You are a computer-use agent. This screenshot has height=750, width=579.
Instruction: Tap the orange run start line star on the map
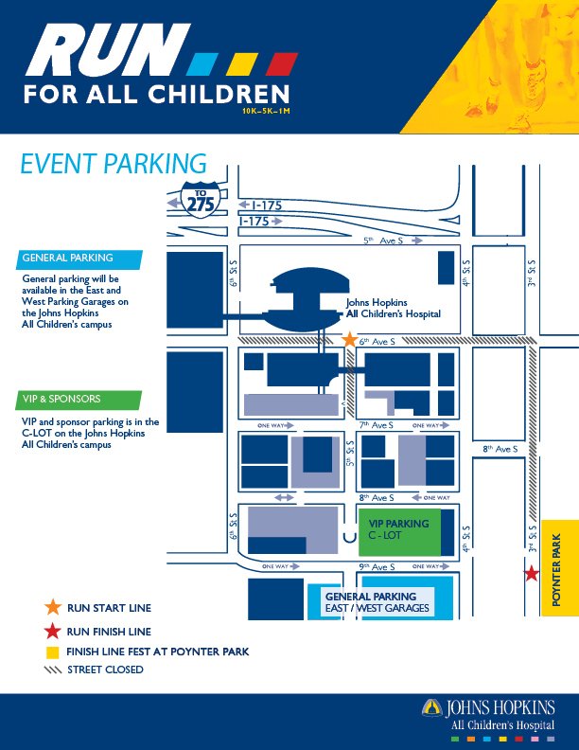(x=349, y=339)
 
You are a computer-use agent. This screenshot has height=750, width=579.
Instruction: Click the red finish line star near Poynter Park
(x=532, y=573)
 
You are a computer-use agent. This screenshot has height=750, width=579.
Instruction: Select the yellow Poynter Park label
(x=557, y=579)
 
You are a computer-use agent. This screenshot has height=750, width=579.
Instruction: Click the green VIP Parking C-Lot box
(x=398, y=530)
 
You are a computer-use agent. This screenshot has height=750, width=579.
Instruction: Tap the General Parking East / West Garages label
(x=377, y=602)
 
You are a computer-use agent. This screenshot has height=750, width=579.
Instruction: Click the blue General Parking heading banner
(x=80, y=259)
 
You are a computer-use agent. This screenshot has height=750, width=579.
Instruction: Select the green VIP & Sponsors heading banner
(x=80, y=399)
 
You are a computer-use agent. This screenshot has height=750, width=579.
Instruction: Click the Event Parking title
(x=114, y=164)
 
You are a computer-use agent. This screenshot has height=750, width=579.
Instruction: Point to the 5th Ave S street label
(x=383, y=241)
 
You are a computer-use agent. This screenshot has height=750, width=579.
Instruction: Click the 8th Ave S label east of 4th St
(x=500, y=449)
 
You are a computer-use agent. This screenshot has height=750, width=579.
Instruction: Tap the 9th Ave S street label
(x=377, y=566)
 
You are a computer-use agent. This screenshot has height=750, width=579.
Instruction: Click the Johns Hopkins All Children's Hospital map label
(x=393, y=308)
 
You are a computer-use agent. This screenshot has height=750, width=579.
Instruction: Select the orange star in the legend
(x=52, y=607)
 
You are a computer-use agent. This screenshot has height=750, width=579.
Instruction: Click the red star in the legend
(x=52, y=630)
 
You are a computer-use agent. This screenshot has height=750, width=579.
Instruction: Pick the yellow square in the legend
(x=52, y=652)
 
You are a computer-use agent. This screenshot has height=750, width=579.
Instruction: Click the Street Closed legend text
(x=105, y=670)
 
